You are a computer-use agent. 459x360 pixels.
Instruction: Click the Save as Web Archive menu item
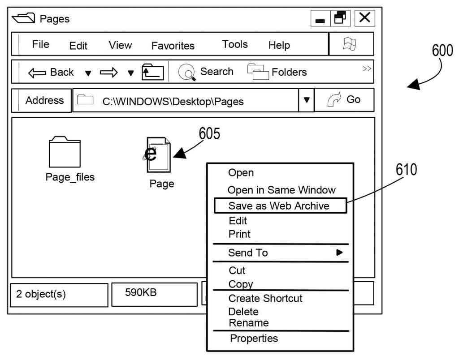pos(279,206)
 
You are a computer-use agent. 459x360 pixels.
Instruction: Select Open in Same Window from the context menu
pos(281,190)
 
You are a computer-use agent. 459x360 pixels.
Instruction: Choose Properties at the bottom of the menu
pos(254,339)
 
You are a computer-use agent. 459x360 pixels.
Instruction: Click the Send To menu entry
pos(248,253)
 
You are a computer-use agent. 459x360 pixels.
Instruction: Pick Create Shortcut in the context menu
pos(265,298)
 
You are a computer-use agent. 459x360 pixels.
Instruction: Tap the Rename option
pos(248,323)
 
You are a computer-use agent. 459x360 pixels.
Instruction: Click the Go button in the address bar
pos(344,100)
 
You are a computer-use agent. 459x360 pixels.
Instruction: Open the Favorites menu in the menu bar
pos(173,46)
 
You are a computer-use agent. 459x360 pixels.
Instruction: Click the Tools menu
pos(235,45)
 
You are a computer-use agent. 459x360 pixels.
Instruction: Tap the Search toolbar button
pos(206,72)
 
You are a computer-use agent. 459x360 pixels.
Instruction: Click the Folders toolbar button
pos(277,72)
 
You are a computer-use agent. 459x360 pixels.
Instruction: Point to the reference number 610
pos(406,170)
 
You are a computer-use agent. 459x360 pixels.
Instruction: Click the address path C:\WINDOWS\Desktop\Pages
pos(173,102)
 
